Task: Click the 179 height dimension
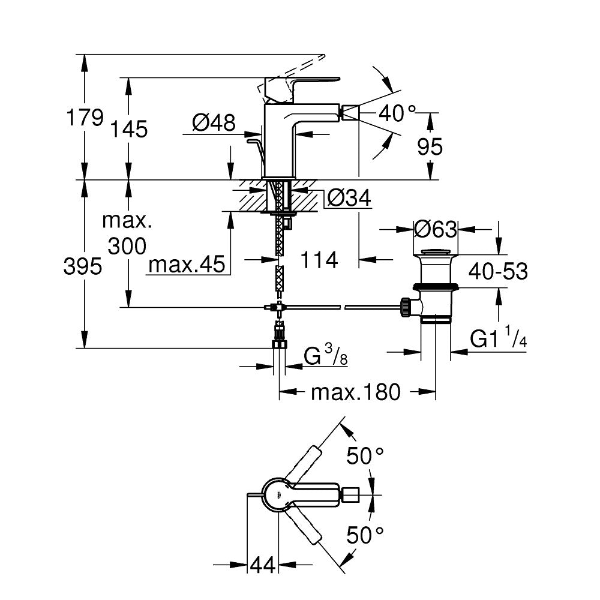click(x=83, y=118)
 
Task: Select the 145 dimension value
click(x=127, y=129)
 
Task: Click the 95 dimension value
click(x=430, y=146)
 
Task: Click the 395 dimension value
click(x=83, y=267)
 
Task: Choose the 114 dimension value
click(x=319, y=260)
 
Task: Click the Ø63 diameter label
click(x=436, y=229)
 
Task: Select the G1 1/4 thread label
click(x=498, y=340)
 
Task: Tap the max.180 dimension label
click(x=355, y=393)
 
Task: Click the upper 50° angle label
click(x=365, y=457)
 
